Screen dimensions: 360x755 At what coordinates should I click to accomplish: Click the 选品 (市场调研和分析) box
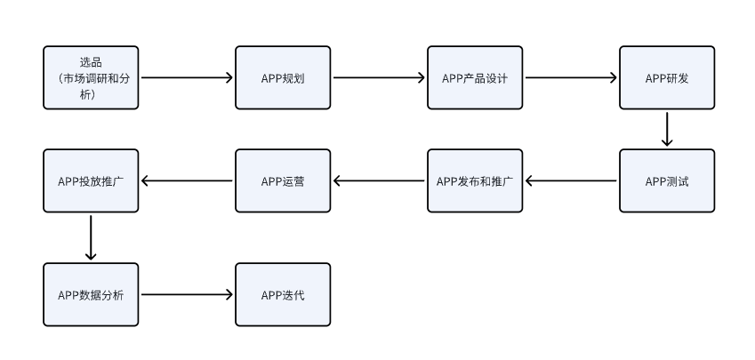pos(91,77)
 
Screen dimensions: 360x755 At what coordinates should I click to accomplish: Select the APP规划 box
pos(283,77)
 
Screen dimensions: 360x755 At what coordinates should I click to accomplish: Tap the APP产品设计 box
pos(475,77)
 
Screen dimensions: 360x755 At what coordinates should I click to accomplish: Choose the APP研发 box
pos(667,77)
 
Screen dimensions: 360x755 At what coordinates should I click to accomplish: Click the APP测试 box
pos(667,181)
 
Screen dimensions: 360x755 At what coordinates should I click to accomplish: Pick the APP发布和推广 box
pos(475,181)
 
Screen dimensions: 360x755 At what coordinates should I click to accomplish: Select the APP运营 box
pos(283,181)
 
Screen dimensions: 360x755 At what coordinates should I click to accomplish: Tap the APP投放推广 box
pos(91,181)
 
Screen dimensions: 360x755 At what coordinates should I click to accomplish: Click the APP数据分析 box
pos(91,294)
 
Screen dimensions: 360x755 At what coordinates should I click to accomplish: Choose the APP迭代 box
pos(283,294)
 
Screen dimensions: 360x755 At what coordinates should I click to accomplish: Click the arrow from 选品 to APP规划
pos(187,77)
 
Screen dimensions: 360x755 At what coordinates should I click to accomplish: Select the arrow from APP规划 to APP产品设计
pos(379,77)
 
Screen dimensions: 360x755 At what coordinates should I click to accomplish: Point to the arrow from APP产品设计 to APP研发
pos(571,77)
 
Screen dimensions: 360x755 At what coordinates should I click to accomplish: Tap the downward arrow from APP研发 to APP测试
pos(667,129)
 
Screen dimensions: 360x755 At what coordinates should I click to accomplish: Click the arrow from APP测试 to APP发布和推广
pos(571,181)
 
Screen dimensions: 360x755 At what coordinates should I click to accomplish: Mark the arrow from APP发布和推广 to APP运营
pos(379,181)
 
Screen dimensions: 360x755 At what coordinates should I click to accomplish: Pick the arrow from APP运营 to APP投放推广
pos(187,181)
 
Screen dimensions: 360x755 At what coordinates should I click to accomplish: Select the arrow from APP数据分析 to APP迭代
pos(187,294)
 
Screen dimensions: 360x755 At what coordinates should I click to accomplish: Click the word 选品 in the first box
pos(91,62)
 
